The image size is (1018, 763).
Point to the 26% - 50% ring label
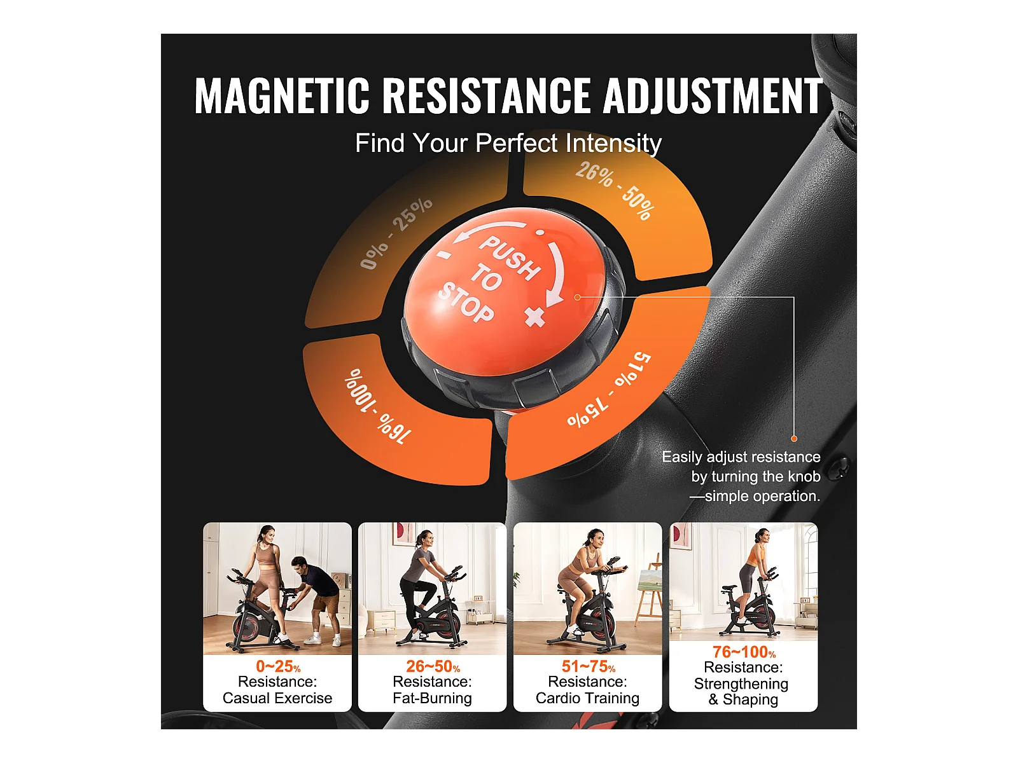pyautogui.click(x=615, y=191)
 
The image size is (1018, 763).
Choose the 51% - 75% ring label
pyautogui.click(x=609, y=390)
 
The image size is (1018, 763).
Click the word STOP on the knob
pyautogui.click(x=466, y=302)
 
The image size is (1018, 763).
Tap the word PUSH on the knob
pyautogui.click(x=510, y=257)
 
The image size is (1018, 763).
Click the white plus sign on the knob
pyautogui.click(x=534, y=317)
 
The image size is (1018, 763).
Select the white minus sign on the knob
pyautogui.click(x=444, y=254)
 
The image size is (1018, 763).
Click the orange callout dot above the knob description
pyautogui.click(x=794, y=438)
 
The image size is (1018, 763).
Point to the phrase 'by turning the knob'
pyautogui.click(x=755, y=476)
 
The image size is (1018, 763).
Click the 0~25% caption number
pyautogui.click(x=278, y=666)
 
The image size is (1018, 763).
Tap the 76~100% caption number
pyautogui.click(x=744, y=652)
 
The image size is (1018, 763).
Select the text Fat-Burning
pyautogui.click(x=432, y=698)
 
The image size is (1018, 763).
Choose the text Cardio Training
pyautogui.click(x=588, y=698)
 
